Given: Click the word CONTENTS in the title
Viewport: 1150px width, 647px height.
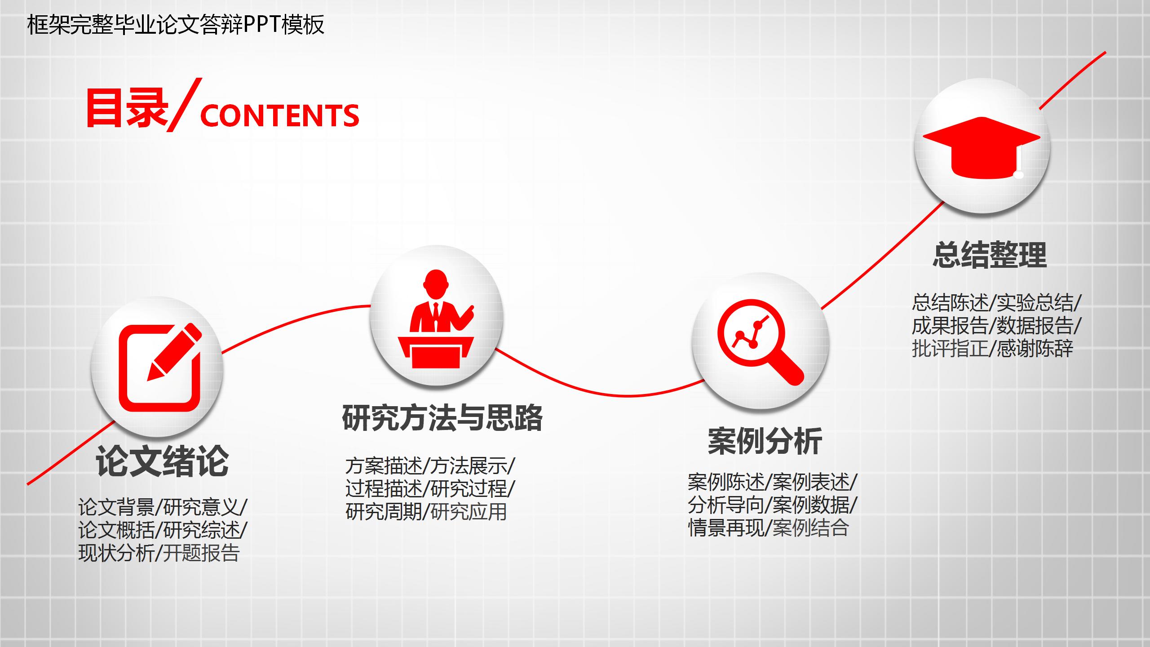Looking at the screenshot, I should coord(279,115).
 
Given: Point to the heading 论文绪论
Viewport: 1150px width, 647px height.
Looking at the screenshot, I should coord(162,461).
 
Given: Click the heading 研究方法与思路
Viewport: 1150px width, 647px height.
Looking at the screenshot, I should coord(442,418).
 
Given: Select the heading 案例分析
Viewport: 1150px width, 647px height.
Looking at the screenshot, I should coord(765,441).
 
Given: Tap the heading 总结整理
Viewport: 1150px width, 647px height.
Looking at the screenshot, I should coord(990,255).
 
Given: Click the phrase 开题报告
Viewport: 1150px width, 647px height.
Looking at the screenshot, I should coord(201,553).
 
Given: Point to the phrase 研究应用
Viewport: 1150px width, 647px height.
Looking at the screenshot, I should coord(469,511).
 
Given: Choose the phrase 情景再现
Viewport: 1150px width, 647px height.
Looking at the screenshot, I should coord(726,528).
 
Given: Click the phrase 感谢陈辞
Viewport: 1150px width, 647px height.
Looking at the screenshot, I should coord(1035,349).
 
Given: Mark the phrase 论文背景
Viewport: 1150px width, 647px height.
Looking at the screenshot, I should coord(116,507).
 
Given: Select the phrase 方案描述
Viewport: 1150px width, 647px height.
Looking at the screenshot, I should coord(384,466).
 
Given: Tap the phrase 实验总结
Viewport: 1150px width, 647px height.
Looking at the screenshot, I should coord(1035,303).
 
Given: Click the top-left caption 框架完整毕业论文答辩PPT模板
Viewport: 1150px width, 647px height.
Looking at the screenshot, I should coord(176,25).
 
